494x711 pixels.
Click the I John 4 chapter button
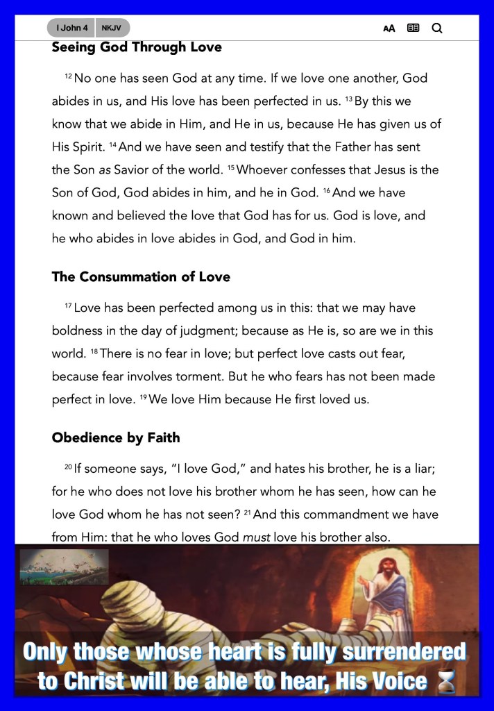(x=71, y=28)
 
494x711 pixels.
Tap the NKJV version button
(x=111, y=28)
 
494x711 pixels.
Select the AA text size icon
(x=389, y=28)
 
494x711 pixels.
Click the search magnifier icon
(x=436, y=28)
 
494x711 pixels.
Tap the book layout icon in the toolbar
(x=414, y=28)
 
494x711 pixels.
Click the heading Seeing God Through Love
(x=137, y=48)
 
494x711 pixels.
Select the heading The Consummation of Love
(x=141, y=276)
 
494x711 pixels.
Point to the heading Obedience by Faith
(x=116, y=437)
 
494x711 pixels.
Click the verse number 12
(x=68, y=75)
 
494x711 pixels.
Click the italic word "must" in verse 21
(x=256, y=537)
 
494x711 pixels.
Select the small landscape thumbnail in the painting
(x=64, y=566)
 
